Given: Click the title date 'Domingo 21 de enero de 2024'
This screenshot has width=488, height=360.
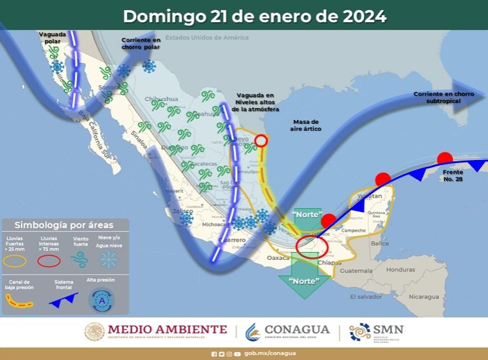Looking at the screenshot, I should click(x=254, y=16).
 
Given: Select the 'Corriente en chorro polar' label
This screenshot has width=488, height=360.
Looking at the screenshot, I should click(x=141, y=43).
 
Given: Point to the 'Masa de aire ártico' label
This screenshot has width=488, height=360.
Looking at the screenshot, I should click(x=307, y=125).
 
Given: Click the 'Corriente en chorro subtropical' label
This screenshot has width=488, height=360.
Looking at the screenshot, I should click(x=444, y=97).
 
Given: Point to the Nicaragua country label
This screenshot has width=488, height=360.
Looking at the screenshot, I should click(x=424, y=297).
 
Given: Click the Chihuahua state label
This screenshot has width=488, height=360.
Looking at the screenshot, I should click(x=162, y=100).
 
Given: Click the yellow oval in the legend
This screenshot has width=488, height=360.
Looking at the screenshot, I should click(x=17, y=260).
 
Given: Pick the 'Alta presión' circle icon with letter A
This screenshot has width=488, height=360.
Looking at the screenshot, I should click(x=102, y=299).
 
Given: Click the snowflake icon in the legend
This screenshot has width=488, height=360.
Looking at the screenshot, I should click(x=111, y=258).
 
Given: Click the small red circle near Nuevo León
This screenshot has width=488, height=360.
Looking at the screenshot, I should click(x=261, y=141).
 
